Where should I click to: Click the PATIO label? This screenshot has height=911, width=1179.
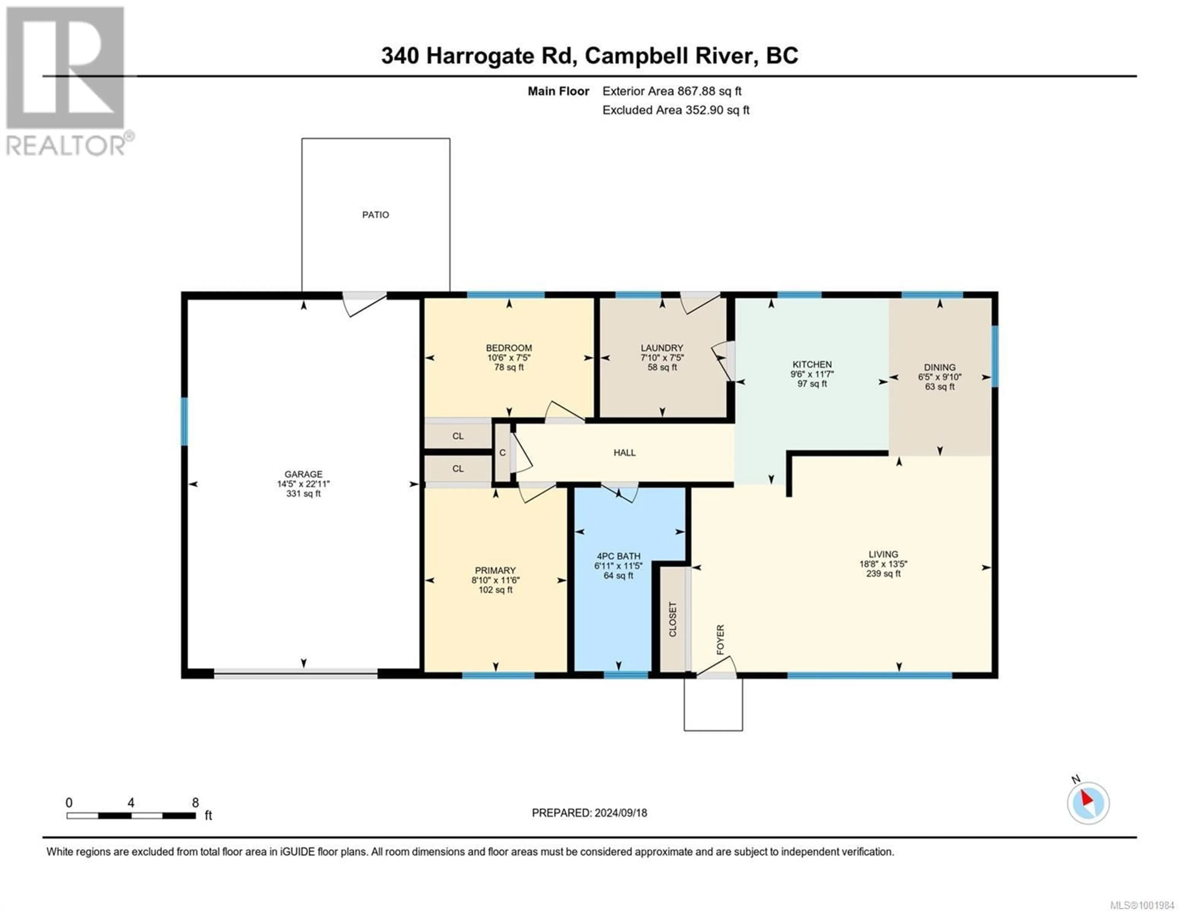pos(375,215)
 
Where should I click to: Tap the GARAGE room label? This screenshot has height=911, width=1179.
pos(303,474)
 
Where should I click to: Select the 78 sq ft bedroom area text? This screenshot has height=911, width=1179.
pos(508,367)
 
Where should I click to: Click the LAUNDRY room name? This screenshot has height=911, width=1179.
pos(662,348)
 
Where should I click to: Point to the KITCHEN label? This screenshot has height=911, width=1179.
pos(812,364)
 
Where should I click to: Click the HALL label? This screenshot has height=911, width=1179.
pos(624,453)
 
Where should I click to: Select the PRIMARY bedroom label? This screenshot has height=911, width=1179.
pos(495,570)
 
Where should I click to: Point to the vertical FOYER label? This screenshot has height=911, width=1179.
pos(720,640)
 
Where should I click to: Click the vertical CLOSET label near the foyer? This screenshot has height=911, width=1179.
pos(673,619)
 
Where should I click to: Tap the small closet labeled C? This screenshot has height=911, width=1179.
pos(503,453)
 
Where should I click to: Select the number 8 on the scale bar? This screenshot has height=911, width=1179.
pos(195,802)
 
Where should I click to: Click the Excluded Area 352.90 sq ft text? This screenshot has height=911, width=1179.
pos(676,110)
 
